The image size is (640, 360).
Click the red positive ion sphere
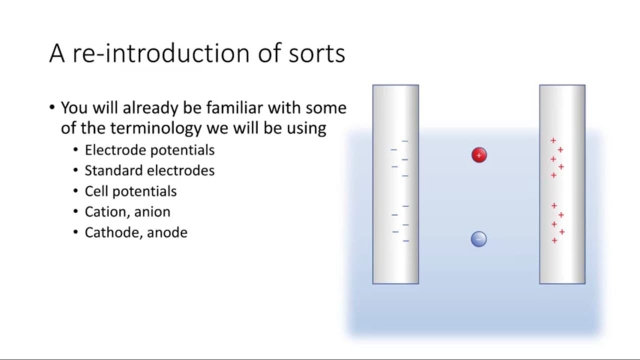[x=479, y=155]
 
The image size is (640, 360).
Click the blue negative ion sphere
[x=479, y=239]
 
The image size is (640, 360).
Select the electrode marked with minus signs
[x=395, y=184]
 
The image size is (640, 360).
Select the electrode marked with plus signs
[x=562, y=184]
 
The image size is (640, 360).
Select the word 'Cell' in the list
[x=96, y=191]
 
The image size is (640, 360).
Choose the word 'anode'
[x=167, y=233]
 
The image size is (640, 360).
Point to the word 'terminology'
[x=155, y=128]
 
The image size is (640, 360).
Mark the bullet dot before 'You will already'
[x=51, y=107]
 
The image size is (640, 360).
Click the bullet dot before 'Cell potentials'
[x=75, y=191]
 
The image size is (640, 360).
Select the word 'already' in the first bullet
[x=150, y=108]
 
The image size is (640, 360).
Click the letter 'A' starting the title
[x=57, y=53]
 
